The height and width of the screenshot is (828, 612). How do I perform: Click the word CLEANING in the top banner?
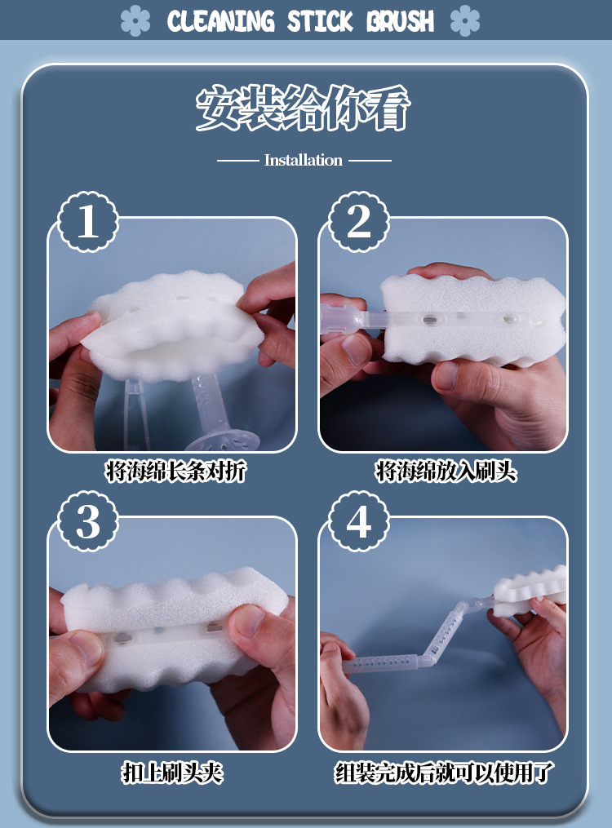(x=221, y=21)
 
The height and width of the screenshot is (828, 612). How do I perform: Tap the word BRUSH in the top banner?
(x=401, y=21)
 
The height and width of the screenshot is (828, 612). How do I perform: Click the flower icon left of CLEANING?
(x=135, y=20)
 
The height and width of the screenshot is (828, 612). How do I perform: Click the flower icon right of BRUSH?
(x=465, y=20)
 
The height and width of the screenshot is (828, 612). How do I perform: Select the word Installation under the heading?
(x=303, y=160)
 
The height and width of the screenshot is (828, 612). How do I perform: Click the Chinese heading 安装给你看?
(x=303, y=108)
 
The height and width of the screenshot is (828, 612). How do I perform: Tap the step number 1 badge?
(x=87, y=221)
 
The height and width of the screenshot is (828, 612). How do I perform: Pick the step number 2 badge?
(x=359, y=221)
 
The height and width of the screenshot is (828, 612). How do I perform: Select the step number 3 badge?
(x=87, y=521)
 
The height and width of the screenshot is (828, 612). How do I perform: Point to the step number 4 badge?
(x=359, y=521)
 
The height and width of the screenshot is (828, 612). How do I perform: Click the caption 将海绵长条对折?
(x=175, y=471)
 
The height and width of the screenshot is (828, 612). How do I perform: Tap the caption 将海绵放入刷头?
(x=446, y=471)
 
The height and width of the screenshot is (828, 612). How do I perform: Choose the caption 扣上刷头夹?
(x=173, y=773)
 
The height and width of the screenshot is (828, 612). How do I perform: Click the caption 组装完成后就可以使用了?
(x=444, y=773)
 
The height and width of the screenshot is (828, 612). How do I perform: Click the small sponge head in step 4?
(x=530, y=591)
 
